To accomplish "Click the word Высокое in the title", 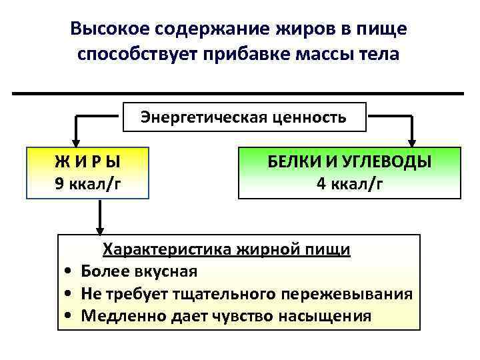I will (109, 29).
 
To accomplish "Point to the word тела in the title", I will (379, 54).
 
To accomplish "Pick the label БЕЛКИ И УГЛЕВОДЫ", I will (349, 161).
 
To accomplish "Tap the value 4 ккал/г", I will (349, 183).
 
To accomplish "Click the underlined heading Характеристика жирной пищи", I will (226, 250).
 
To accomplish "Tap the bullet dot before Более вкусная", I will (69, 272).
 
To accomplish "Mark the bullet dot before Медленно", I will (69, 316).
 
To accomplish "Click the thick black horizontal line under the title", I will (238, 93).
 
